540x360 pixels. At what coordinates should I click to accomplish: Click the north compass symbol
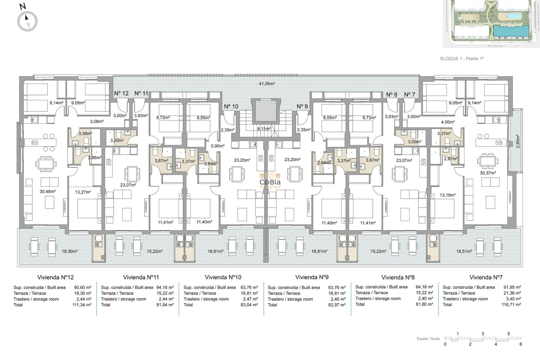point(27,21)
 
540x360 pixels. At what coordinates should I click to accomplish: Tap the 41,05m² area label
point(267,84)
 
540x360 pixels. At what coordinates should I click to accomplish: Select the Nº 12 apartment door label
point(121,93)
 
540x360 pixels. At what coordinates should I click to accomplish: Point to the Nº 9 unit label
point(302,107)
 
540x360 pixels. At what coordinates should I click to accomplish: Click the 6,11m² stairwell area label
point(264,129)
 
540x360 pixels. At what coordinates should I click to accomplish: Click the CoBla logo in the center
point(270,180)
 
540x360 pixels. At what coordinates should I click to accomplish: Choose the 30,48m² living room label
point(48,192)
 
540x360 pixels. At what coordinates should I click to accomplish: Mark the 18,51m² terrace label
point(464,251)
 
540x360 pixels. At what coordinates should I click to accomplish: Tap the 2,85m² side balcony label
point(518,141)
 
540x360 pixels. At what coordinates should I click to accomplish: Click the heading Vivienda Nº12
point(55,277)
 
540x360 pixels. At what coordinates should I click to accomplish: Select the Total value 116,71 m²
point(511,305)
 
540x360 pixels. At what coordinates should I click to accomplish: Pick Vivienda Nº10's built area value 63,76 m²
point(249,287)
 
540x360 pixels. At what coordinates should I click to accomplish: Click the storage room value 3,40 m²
point(513,299)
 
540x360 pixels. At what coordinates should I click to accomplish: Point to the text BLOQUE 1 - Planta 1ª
point(462,58)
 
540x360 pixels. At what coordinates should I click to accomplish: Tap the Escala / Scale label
point(428,339)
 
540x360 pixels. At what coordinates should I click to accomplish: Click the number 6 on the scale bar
point(521,344)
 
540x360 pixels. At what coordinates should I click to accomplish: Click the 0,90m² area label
point(218,146)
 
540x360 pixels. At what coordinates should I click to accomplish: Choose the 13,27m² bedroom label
point(83,192)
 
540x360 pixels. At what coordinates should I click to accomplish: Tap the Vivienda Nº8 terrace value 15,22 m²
point(424,293)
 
